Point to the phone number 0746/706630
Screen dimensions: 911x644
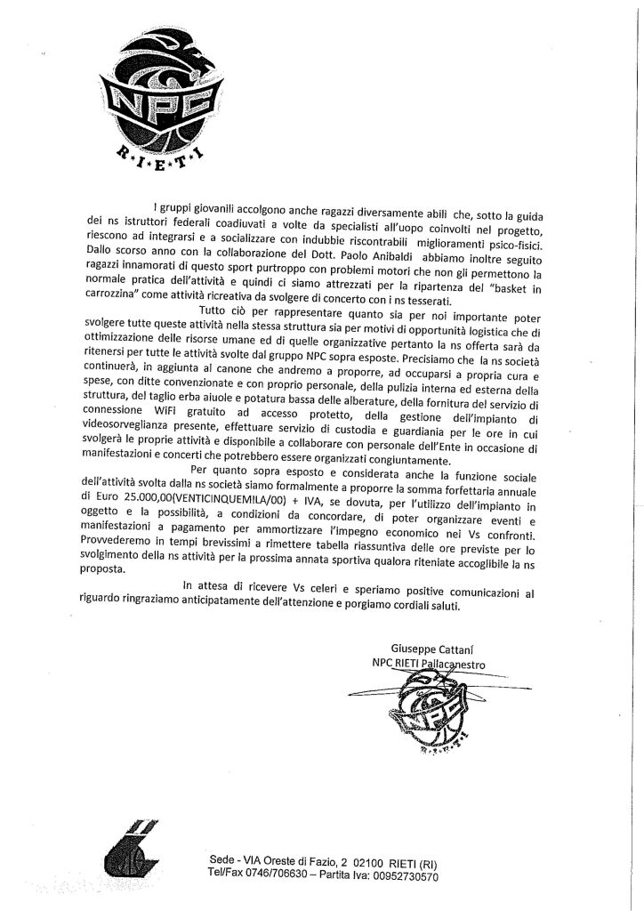pos(286,876)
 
